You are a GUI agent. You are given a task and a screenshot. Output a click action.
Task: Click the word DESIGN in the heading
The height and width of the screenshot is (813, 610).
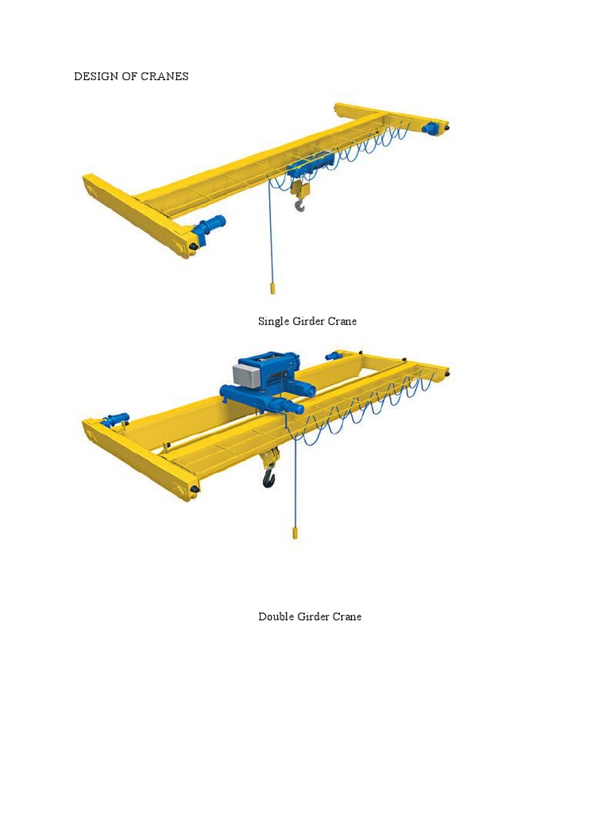[x=93, y=77]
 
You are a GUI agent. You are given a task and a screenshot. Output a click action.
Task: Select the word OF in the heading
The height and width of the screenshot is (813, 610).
[x=124, y=77]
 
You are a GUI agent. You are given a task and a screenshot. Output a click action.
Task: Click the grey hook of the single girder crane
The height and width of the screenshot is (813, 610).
[x=299, y=206]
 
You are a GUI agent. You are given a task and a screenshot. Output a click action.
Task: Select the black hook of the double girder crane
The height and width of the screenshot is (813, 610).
[x=269, y=478]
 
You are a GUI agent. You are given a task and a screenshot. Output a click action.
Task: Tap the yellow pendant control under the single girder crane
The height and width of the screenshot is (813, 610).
[x=272, y=287]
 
